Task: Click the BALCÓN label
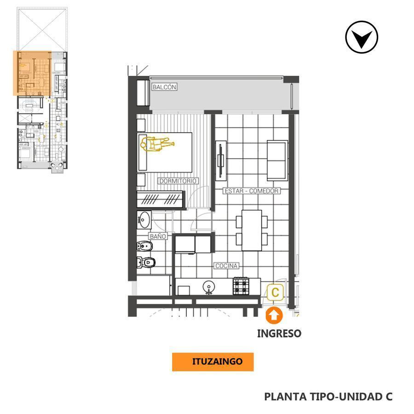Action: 164,87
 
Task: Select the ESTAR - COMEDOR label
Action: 251,191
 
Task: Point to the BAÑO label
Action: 157,236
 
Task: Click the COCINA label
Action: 226,266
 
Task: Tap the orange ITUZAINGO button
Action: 213,362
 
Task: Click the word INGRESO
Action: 279,333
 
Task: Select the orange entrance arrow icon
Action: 274,316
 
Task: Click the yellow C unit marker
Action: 275,292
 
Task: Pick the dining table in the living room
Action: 252,230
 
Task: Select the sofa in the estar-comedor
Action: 277,160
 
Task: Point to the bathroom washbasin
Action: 145,219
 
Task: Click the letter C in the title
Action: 389,397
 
